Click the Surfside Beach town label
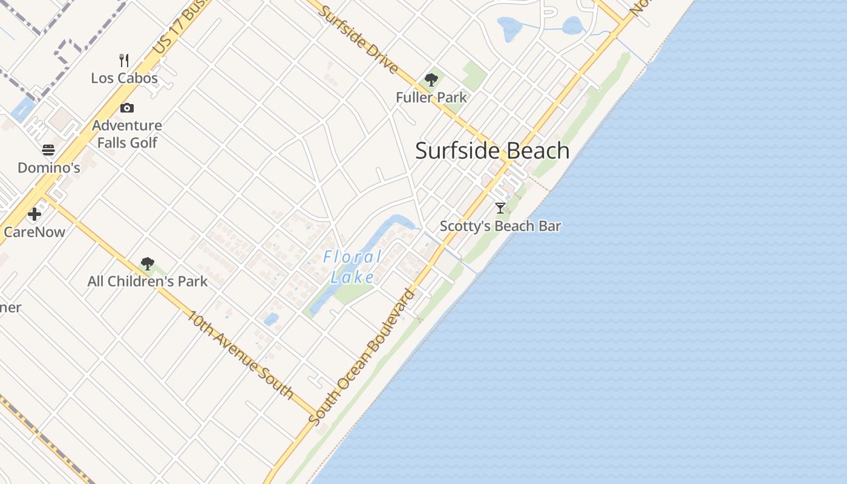(x=492, y=151)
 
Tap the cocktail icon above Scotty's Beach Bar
(x=500, y=208)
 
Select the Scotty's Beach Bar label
(x=500, y=226)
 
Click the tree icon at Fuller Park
(x=431, y=79)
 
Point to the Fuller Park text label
(x=431, y=97)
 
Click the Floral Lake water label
(x=353, y=267)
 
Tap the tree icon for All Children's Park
(x=147, y=263)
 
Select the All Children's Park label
(x=147, y=281)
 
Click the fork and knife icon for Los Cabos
(x=124, y=60)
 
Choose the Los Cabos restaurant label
(x=124, y=78)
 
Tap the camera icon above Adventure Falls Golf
(x=127, y=108)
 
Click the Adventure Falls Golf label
(x=127, y=134)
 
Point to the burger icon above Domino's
(x=48, y=150)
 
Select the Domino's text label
(x=48, y=168)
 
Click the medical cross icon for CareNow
(x=34, y=214)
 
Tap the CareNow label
(x=34, y=232)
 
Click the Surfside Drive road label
(x=358, y=39)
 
